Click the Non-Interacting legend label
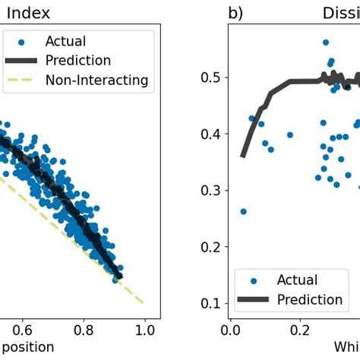click(x=96, y=80)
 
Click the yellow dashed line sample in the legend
click(x=24, y=80)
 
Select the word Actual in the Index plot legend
click(x=65, y=41)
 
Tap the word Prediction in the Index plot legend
click(x=78, y=60)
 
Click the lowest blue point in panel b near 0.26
click(x=243, y=211)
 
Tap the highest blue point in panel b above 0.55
click(x=326, y=43)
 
